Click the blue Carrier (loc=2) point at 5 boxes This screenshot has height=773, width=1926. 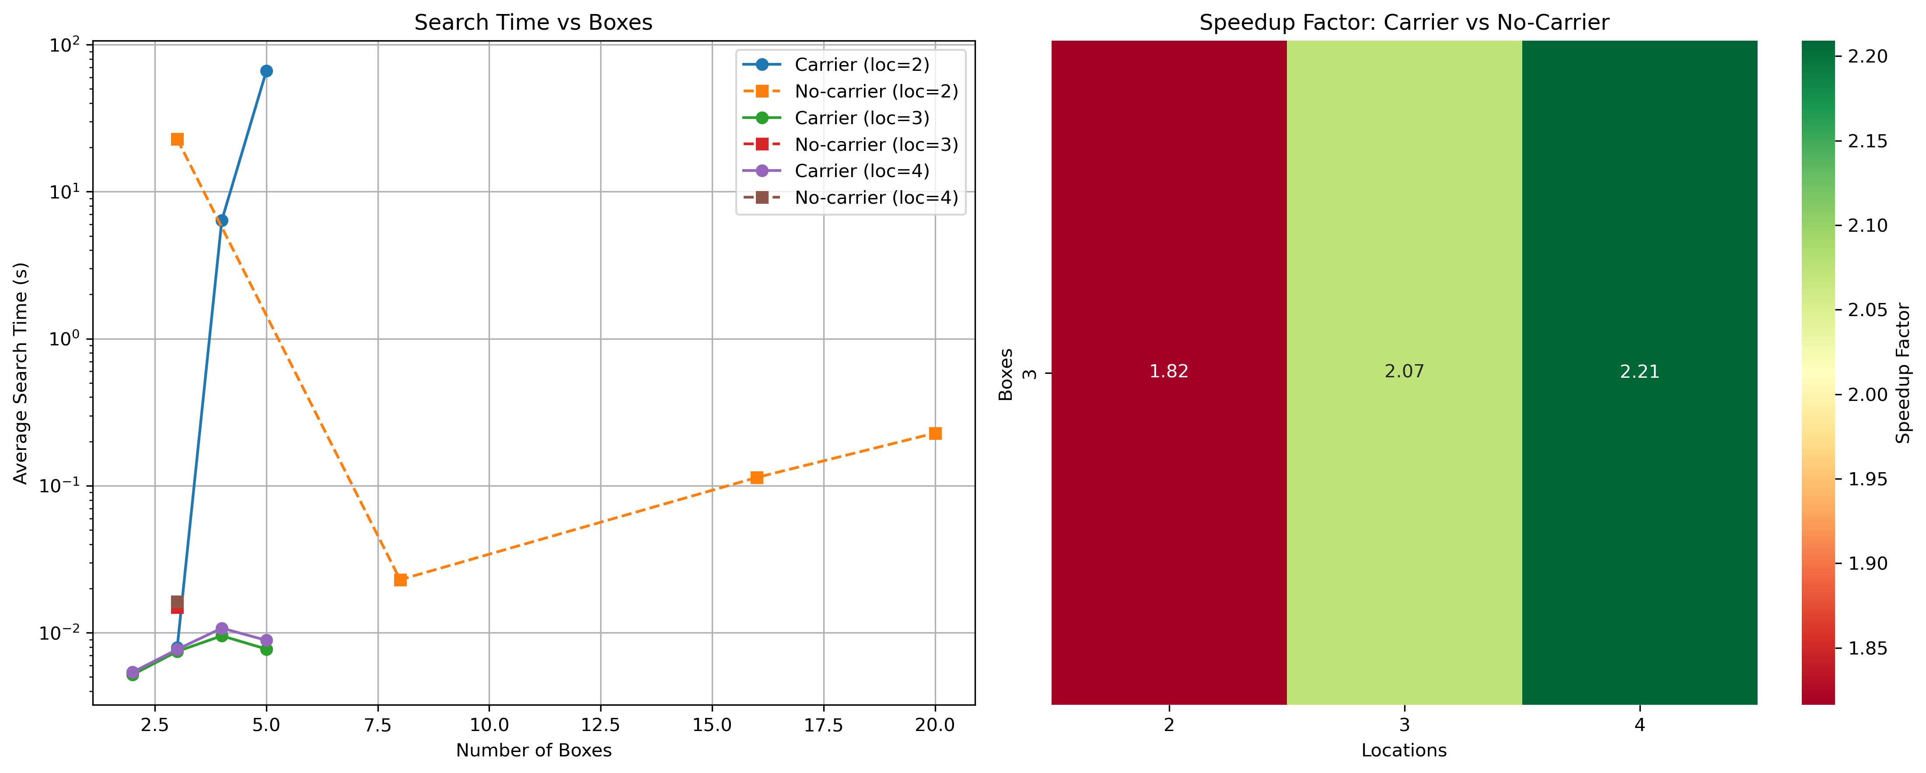click(266, 71)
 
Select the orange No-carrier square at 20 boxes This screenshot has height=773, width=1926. click(935, 434)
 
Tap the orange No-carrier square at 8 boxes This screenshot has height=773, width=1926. click(400, 580)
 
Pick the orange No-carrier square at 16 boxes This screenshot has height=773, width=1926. click(757, 478)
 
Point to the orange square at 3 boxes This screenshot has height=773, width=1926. click(177, 139)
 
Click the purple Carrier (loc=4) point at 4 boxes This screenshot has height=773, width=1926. click(222, 629)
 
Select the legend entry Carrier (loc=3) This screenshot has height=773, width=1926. click(861, 118)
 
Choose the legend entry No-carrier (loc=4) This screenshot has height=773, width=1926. click(876, 198)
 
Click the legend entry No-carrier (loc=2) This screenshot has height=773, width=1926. click(876, 91)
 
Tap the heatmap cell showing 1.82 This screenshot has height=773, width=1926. click(1169, 372)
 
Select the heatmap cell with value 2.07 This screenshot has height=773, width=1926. click(1404, 372)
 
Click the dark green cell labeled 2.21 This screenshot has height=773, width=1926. click(1639, 372)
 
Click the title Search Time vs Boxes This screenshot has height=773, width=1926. click(533, 22)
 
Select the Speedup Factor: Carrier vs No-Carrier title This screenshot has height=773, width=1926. click(1404, 22)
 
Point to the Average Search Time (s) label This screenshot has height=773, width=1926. click(21, 373)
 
